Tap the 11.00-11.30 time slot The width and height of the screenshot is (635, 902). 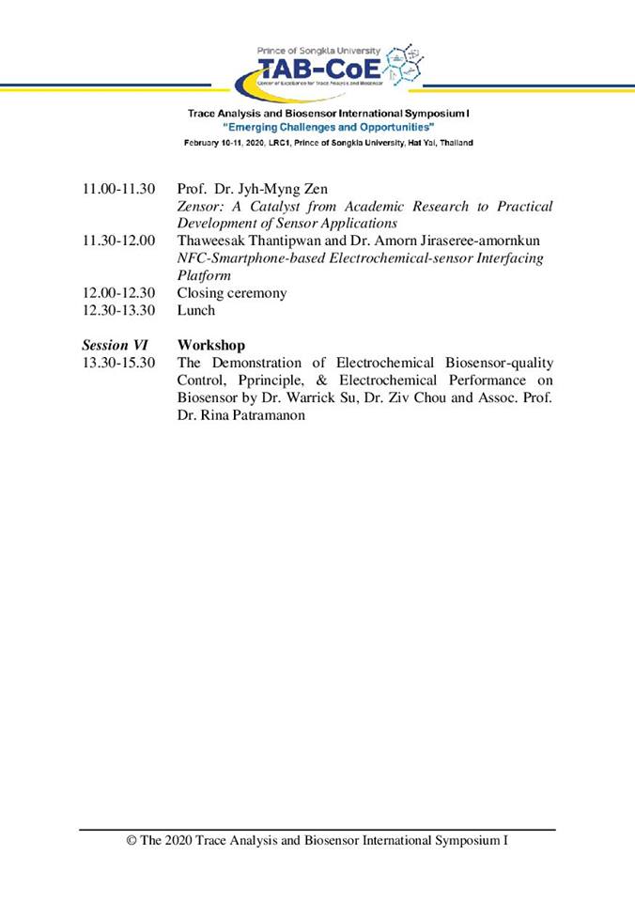pyautogui.click(x=119, y=189)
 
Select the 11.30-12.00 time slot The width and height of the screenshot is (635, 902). pyautogui.click(x=119, y=241)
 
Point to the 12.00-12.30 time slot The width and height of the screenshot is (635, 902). pyautogui.click(x=119, y=293)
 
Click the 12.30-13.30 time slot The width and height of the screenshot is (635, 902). pyautogui.click(x=119, y=310)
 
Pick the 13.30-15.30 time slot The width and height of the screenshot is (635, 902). pyautogui.click(x=119, y=363)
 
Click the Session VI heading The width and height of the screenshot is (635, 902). pyautogui.click(x=115, y=345)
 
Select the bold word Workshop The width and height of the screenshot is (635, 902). pyautogui.click(x=211, y=345)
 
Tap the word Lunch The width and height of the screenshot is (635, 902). pyautogui.click(x=196, y=310)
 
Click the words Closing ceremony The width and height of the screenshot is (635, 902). pyautogui.click(x=232, y=293)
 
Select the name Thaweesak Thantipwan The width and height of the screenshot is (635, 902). pyautogui.click(x=242, y=241)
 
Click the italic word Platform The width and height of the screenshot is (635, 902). pyautogui.click(x=204, y=275)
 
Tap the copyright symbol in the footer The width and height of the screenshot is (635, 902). pyautogui.click(x=132, y=841)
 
